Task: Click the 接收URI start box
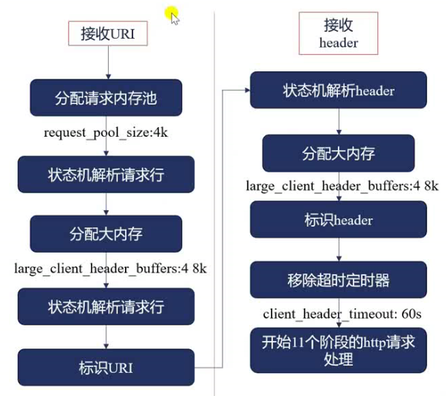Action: [x=108, y=33]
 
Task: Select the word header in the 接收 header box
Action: [x=339, y=43]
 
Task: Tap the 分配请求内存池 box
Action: [x=106, y=97]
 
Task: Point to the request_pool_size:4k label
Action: [x=106, y=133]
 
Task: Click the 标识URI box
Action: [x=106, y=368]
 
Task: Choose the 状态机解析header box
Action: [x=339, y=90]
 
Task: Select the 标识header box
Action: [x=339, y=219]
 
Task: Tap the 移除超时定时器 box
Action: [x=339, y=280]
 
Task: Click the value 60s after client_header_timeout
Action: [x=412, y=314]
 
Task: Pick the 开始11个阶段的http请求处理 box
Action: [x=339, y=351]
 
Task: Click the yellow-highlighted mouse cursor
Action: [x=173, y=16]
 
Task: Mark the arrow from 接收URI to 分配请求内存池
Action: [x=109, y=62]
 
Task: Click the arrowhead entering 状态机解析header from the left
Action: [x=247, y=91]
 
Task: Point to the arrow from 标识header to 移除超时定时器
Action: [x=339, y=250]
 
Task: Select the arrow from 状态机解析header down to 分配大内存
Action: [x=339, y=122]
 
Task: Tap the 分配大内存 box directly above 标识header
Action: [x=339, y=153]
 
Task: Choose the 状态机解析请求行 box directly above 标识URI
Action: [x=106, y=306]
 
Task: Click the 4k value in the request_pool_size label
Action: [x=161, y=132]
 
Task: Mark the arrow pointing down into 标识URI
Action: [x=106, y=337]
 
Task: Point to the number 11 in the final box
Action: [x=298, y=342]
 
